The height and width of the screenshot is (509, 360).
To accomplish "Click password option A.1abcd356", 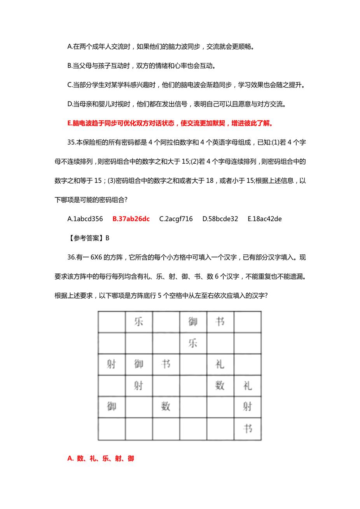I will click(85, 219).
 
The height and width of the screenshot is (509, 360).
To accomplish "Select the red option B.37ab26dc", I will click(131, 219).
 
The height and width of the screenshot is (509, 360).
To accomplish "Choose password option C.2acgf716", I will click(176, 219).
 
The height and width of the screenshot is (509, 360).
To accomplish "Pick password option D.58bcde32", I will click(220, 219).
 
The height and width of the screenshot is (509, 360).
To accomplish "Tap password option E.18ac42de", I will click(264, 219).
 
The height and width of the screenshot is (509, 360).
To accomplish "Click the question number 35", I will click(71, 142).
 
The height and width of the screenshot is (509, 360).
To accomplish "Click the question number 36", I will click(71, 257).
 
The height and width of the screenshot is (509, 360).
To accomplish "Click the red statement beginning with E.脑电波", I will click(170, 124).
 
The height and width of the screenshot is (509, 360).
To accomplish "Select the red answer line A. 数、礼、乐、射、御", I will click(101, 458).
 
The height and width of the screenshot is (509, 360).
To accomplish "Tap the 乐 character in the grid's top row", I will click(139, 322).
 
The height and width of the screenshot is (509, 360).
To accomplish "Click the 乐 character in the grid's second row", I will click(193, 343).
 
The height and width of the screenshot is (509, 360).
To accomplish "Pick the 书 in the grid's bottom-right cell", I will click(248, 429).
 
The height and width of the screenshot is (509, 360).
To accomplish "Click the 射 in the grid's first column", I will click(111, 364).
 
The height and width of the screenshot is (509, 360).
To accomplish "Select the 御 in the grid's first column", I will click(111, 407).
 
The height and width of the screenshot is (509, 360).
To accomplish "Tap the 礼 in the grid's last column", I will click(248, 386).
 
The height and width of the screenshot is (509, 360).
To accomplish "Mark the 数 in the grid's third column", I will click(166, 407).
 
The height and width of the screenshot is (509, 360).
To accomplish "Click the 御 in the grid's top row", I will click(193, 322).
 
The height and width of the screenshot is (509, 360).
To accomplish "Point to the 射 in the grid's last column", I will click(248, 407).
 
